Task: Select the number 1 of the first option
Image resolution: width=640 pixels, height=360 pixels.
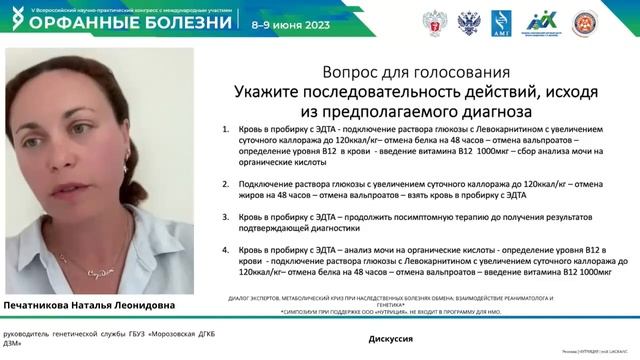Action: [227, 130]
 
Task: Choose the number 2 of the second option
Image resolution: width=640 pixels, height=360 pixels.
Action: [227, 184]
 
